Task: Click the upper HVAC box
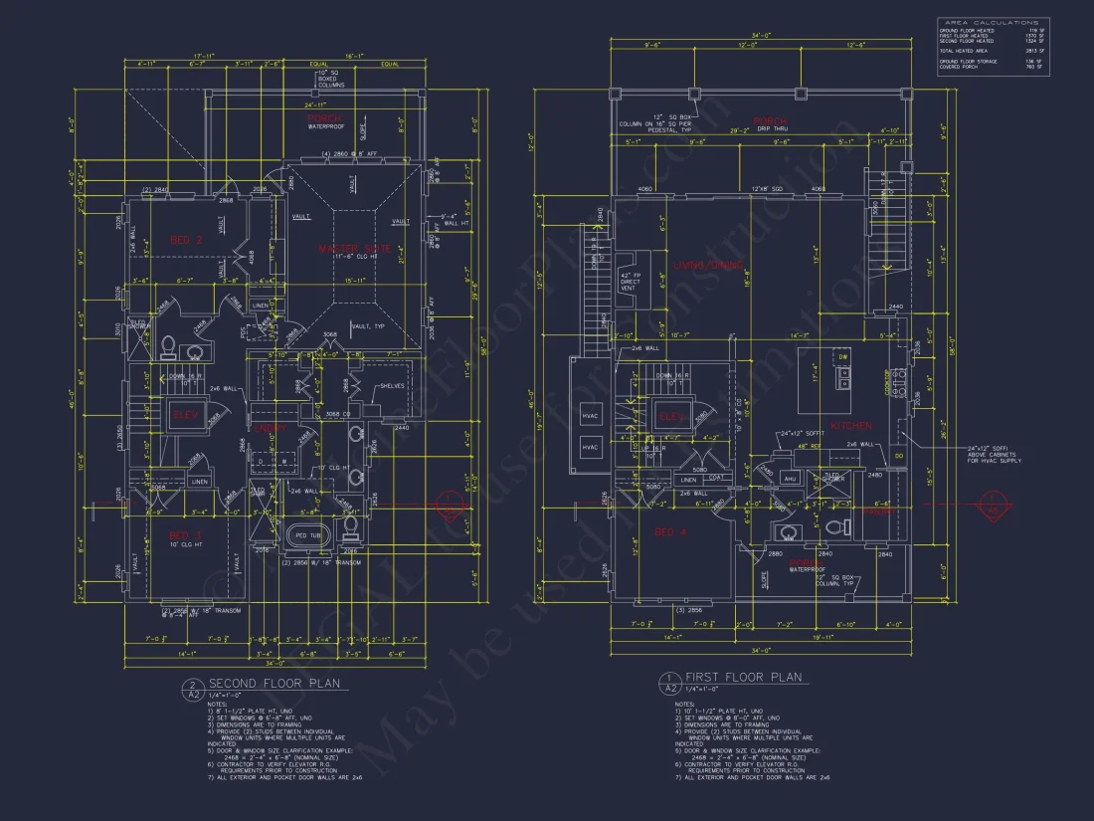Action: click(589, 413)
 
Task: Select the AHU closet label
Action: click(791, 478)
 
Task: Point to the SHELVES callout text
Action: click(391, 386)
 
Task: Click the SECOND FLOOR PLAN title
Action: click(273, 684)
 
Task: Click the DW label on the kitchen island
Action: click(843, 355)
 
